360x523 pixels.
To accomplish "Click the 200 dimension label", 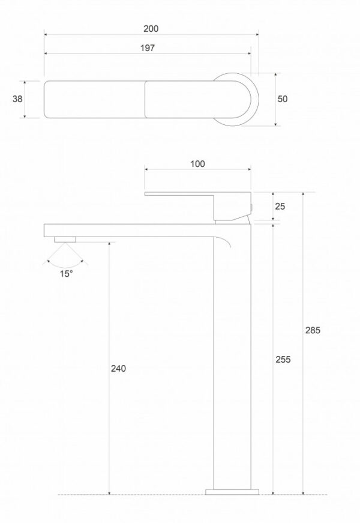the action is [151, 29].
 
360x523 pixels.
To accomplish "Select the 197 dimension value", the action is [148, 48].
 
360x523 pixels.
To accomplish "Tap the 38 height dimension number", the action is [17, 99].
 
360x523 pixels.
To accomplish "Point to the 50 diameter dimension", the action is [283, 99].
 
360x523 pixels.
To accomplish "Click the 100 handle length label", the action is [197, 164].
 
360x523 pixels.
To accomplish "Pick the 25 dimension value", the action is [280, 207].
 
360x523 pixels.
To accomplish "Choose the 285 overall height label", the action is [313, 330].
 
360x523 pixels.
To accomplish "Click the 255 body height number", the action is [283, 360].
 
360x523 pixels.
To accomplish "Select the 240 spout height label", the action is [118, 369].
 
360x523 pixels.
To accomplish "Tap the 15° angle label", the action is [67, 274].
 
